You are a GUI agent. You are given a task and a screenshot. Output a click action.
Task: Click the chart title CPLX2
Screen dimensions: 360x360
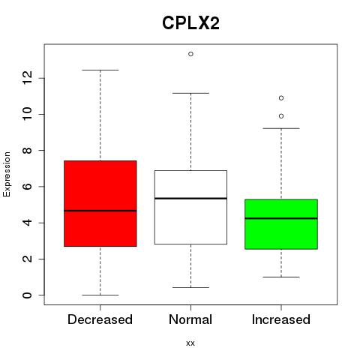(x=190, y=23)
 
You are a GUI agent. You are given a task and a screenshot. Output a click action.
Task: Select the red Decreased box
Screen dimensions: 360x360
(x=100, y=203)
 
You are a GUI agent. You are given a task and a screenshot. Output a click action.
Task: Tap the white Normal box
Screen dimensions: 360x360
(x=190, y=207)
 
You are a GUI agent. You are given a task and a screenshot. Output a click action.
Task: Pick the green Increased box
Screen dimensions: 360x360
(x=281, y=224)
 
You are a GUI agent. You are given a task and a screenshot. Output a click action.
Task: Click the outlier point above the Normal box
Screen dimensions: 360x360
(x=190, y=54)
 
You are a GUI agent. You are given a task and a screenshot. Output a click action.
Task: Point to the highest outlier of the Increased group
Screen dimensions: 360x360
(x=281, y=98)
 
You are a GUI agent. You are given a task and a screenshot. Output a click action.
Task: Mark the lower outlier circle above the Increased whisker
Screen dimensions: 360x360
(x=281, y=116)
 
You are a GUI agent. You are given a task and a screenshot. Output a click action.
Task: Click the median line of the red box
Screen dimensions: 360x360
(x=100, y=211)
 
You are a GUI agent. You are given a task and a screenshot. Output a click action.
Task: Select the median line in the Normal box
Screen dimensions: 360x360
(x=190, y=198)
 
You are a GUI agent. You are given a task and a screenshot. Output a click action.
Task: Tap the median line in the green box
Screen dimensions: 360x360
(x=281, y=218)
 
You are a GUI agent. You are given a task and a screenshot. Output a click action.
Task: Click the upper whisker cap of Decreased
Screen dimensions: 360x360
(x=100, y=70)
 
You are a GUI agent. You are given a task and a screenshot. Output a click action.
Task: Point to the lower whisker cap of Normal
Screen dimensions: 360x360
(x=190, y=287)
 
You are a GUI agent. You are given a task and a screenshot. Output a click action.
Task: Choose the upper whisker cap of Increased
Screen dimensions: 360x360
(x=281, y=128)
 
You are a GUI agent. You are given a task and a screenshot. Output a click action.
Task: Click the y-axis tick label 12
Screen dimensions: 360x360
(x=27, y=78)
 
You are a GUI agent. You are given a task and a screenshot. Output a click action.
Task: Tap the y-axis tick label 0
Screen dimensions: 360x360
(x=27, y=295)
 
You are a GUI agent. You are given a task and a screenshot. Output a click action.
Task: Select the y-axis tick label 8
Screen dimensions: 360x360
(x=27, y=150)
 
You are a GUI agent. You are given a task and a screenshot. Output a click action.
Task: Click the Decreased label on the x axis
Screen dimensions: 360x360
(x=100, y=319)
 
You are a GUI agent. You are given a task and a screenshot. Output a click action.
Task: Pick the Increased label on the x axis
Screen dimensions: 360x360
(x=281, y=319)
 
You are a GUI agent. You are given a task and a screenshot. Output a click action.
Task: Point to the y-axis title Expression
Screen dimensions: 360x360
(x=7, y=174)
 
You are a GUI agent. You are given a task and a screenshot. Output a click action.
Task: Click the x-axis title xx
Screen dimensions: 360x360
(x=190, y=343)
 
